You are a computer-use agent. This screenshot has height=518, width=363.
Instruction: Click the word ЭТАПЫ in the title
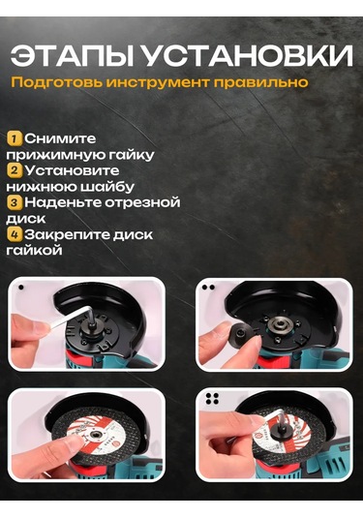coord(72,55)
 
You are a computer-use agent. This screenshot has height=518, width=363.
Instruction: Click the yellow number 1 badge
coord(14,138)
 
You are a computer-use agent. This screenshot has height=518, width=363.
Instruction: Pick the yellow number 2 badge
coord(14,170)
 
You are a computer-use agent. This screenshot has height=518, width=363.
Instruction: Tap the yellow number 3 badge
coord(14,202)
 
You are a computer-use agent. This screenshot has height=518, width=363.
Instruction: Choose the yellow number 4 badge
coord(14,234)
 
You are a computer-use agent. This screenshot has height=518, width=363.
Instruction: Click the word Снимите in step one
coord(60,138)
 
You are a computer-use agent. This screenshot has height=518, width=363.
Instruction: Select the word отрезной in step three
coord(142,202)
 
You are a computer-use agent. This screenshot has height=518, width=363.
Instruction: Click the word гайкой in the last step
coord(34,250)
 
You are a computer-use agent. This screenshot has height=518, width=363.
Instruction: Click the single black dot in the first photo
coord(21,288)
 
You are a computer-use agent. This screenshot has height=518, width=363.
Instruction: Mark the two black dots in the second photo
coord(208,288)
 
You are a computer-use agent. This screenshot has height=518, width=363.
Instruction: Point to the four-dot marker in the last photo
coord(212,399)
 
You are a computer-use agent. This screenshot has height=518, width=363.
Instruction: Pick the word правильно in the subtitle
coord(261,82)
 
